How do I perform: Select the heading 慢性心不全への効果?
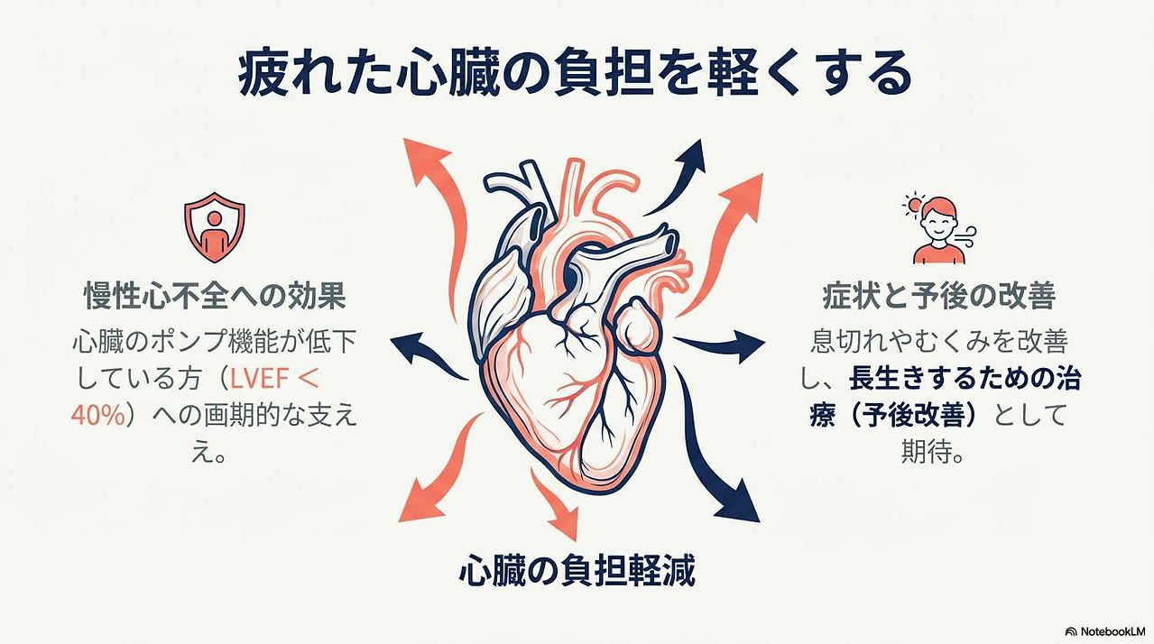click(215, 296)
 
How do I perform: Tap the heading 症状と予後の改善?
click(939, 296)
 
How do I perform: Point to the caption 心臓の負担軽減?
click(577, 570)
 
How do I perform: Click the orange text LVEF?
click(259, 379)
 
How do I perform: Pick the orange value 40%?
click(97, 415)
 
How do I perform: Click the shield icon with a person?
click(215, 226)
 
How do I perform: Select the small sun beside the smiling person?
click(913, 205)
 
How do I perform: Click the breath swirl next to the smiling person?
click(965, 236)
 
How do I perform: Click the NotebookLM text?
click(1112, 631)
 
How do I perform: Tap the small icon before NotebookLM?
click(1071, 631)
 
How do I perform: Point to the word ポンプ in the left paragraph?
click(188, 341)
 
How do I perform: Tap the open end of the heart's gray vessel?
click(670, 242)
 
